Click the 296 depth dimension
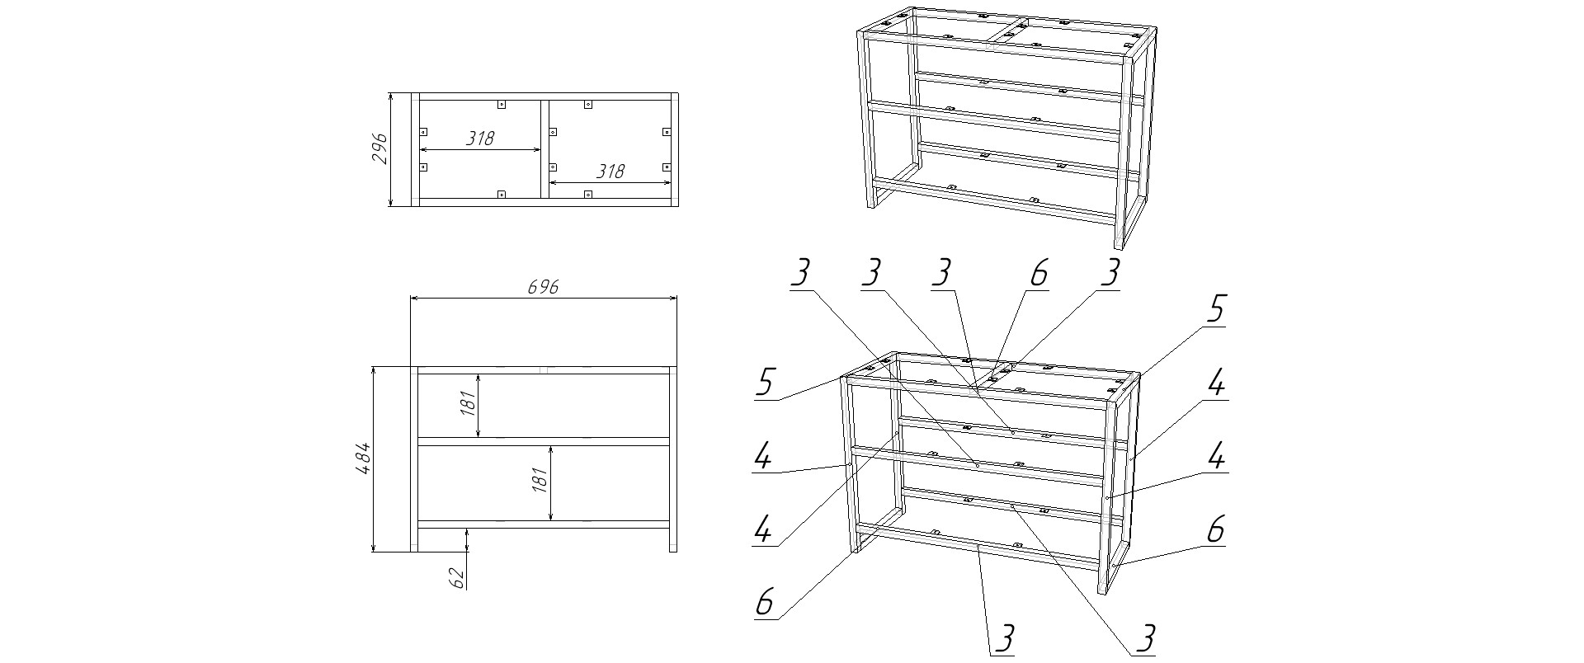pos(380,148)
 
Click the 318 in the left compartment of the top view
pos(479,139)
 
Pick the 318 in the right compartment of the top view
pos(610,172)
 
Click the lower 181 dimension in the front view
pos(541,480)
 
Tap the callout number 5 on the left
pos(766,383)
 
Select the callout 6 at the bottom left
pos(766,602)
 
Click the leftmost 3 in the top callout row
pos(800,273)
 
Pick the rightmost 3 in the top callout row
pos(1111,273)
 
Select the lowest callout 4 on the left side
pos(764,529)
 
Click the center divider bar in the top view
pos(544,149)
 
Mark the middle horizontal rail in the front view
pos(544,441)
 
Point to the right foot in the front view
pos(672,539)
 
